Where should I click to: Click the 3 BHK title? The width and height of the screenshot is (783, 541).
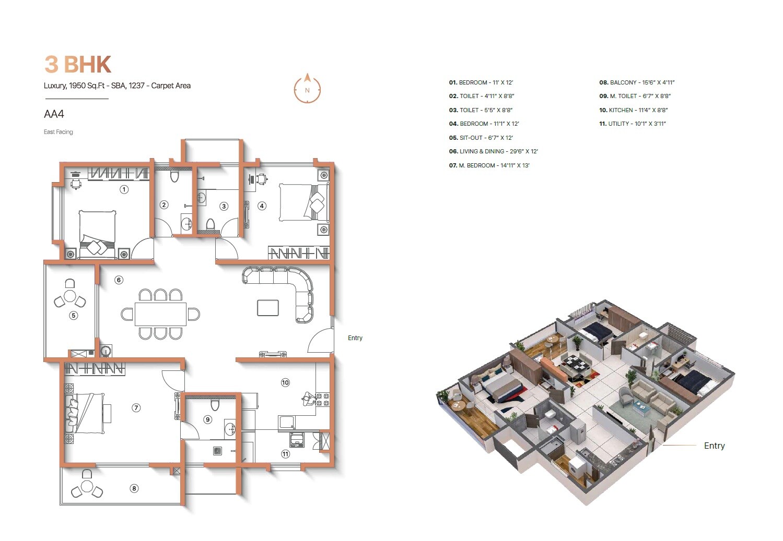tap(78, 65)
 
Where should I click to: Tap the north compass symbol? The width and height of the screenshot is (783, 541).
tap(307, 88)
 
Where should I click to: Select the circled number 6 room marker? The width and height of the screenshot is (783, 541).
tap(119, 280)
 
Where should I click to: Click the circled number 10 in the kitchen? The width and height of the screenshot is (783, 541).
tap(285, 382)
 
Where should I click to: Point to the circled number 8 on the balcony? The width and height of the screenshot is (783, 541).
tap(134, 488)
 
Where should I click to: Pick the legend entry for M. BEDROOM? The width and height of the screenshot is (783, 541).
tap(489, 165)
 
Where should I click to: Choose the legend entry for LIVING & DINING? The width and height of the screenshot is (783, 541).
tap(493, 151)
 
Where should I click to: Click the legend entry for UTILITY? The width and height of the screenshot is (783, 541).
tap(632, 124)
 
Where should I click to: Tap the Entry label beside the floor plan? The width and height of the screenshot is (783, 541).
tap(355, 338)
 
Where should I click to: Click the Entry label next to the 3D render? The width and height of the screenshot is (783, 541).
tap(714, 446)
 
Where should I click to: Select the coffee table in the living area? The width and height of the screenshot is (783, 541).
tap(267, 308)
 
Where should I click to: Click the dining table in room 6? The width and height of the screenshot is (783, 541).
tap(160, 314)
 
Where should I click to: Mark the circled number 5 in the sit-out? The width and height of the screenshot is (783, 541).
tap(74, 315)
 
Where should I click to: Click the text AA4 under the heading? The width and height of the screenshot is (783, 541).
tap(54, 114)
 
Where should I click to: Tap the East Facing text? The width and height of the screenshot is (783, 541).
tap(58, 132)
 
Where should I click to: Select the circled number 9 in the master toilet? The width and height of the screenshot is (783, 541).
tap(208, 419)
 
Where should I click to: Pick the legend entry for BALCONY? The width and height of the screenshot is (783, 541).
tap(637, 82)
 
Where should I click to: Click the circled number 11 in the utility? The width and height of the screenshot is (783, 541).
tap(285, 454)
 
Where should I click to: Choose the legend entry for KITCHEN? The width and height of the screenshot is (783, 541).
tap(633, 110)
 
